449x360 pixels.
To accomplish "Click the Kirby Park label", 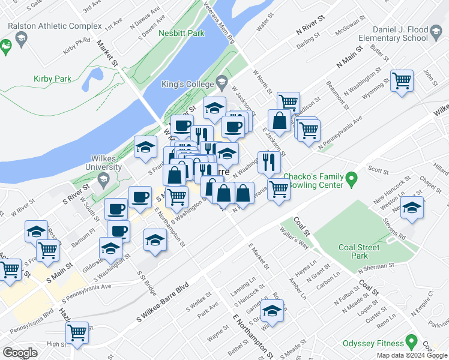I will click(53, 79).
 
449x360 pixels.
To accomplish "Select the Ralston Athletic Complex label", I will click(55, 26).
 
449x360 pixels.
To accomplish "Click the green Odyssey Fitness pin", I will click(411, 343).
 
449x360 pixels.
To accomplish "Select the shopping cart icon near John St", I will click(402, 80).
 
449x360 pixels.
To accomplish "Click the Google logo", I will click(20, 352).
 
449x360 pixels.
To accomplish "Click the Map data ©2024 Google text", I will click(412, 355).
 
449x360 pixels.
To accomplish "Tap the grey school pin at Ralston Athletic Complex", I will click(22, 40).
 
